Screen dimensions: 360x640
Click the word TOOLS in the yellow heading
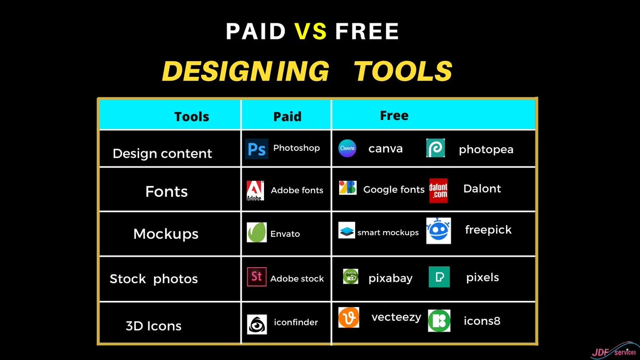tap(403, 71)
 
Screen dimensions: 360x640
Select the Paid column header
tap(287, 116)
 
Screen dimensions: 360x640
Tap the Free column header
tap(394, 115)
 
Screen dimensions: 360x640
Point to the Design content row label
tap(162, 154)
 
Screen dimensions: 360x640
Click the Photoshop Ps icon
tap(257, 149)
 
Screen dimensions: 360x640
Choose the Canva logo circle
tap(347, 148)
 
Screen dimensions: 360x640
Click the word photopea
tap(486, 149)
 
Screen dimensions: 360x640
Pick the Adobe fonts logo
tap(255, 190)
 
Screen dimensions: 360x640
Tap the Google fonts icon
tap(348, 188)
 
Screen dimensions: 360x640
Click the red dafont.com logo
tap(438, 190)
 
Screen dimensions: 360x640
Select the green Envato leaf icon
tap(257, 233)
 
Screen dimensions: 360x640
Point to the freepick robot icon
tap(438, 231)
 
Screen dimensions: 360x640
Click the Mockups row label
tap(166, 234)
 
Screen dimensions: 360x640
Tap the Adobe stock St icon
tap(257, 277)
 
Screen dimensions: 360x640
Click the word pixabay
tap(390, 278)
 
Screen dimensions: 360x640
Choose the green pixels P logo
tap(439, 277)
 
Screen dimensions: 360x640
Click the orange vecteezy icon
tap(349, 317)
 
